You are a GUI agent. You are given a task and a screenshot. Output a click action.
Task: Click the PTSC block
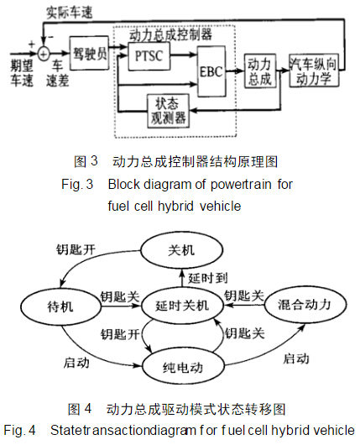tap(149, 56)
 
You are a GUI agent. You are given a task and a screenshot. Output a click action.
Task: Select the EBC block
tap(211, 71)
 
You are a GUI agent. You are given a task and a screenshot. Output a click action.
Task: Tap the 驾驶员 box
tap(89, 53)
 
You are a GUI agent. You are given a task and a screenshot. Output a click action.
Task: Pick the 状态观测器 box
tap(168, 111)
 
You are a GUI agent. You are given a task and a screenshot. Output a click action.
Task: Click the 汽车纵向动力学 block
tap(314, 71)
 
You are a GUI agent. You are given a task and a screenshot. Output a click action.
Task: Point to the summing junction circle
tap(44, 53)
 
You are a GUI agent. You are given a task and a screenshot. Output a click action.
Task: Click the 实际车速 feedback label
tap(69, 13)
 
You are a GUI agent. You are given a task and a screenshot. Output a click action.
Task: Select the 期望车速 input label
tap(22, 73)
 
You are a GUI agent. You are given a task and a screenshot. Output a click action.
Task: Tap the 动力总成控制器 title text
tap(170, 34)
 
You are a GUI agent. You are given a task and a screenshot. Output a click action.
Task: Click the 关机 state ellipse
tap(182, 250)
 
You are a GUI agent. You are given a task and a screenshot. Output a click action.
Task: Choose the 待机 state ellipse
tap(60, 306)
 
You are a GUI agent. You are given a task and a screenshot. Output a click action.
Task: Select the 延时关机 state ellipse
tap(182, 306)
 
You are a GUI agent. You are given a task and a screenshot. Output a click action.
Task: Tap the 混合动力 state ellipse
tap(305, 305)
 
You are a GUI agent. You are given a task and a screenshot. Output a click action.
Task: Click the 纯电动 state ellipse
tap(183, 367)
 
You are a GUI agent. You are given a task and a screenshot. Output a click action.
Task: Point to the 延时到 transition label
tap(208, 278)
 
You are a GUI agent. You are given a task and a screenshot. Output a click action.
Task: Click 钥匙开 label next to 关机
tap(76, 249)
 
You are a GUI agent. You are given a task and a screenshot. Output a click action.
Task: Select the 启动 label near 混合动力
tap(296, 359)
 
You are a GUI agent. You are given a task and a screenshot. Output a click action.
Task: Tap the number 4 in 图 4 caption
tap(87, 409)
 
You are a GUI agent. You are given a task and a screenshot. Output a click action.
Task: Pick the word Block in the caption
tap(124, 184)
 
